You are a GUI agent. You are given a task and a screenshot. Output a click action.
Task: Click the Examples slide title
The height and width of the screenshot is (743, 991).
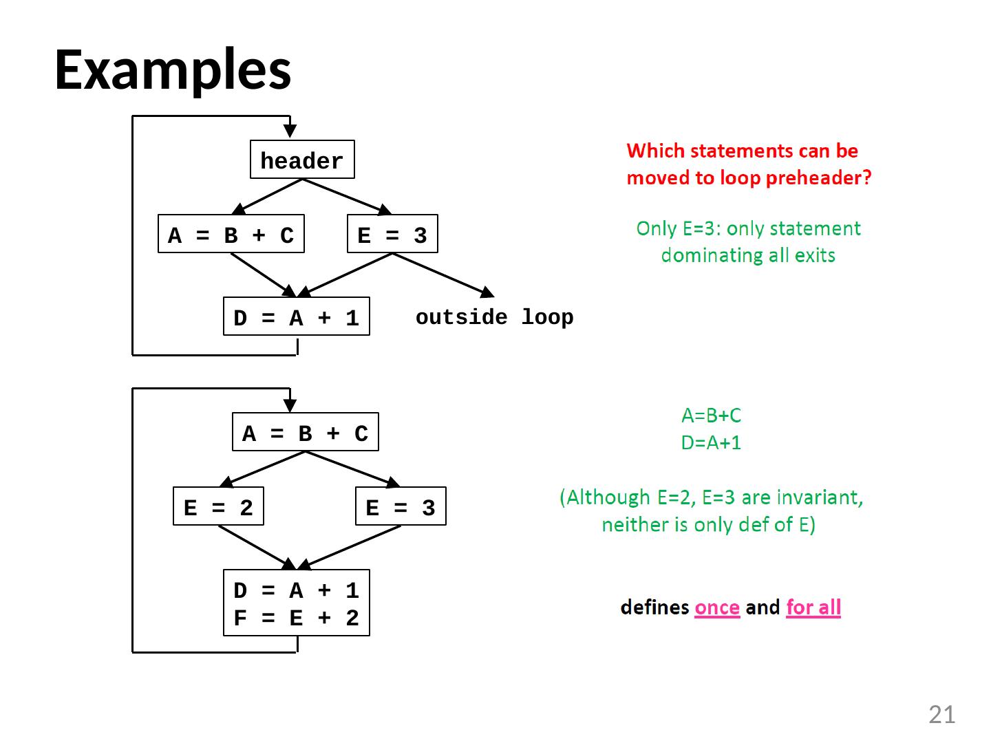pyautogui.click(x=173, y=70)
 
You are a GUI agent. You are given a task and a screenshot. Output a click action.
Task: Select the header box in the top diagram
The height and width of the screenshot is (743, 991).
pyautogui.click(x=302, y=159)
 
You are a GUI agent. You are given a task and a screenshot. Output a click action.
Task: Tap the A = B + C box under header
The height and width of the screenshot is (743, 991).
pyautogui.click(x=231, y=234)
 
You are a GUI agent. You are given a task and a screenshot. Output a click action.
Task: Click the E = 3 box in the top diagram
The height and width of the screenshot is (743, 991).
pyautogui.click(x=392, y=234)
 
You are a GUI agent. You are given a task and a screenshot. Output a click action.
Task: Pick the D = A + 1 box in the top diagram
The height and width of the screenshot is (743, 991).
pyautogui.click(x=296, y=316)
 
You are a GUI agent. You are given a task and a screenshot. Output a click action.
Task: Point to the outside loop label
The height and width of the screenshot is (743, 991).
pyautogui.click(x=494, y=318)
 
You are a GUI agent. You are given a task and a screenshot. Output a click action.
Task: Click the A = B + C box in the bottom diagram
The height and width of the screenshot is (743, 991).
pyautogui.click(x=305, y=432)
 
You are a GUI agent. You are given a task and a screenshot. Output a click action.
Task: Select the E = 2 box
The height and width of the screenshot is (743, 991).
pyautogui.click(x=219, y=506)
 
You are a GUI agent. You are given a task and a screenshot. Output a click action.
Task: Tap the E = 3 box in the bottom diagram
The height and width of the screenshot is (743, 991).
pyautogui.click(x=401, y=506)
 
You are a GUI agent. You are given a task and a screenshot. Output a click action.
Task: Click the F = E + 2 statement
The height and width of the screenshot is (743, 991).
pyautogui.click(x=296, y=618)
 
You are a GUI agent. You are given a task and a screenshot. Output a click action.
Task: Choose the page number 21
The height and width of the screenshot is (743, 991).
pyautogui.click(x=941, y=715)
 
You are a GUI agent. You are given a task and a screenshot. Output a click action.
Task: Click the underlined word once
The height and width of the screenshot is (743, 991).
pyautogui.click(x=717, y=607)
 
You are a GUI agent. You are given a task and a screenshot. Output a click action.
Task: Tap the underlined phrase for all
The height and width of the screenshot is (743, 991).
pyautogui.click(x=813, y=607)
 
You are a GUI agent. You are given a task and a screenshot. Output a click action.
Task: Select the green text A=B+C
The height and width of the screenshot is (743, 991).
pyautogui.click(x=711, y=416)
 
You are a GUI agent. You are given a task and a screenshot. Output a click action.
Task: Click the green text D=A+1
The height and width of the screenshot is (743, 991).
pyautogui.click(x=711, y=442)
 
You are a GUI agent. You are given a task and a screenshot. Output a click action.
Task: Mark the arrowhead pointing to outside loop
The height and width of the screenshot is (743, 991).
pyautogui.click(x=488, y=292)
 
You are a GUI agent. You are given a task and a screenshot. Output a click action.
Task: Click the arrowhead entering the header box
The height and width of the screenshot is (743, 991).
pyautogui.click(x=290, y=131)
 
